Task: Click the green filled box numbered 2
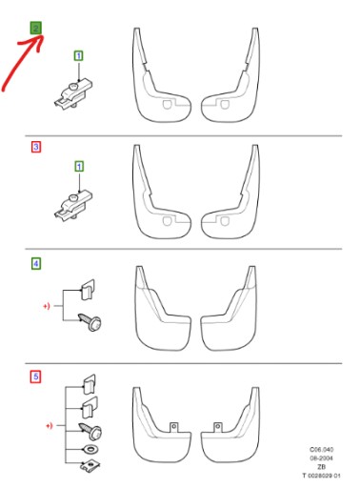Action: click(36, 29)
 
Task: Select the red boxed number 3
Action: click(36, 148)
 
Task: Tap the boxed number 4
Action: click(36, 264)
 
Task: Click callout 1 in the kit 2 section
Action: click(79, 58)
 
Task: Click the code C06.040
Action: click(321, 448)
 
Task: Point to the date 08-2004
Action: click(321, 457)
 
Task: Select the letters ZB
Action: click(322, 465)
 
